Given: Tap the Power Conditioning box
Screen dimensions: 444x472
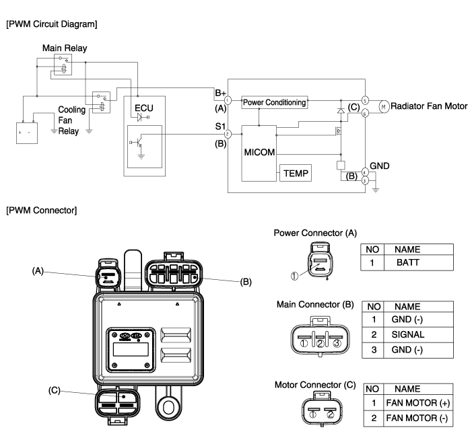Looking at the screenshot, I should (274, 103).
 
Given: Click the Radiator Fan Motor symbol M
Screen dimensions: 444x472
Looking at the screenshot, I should (383, 106).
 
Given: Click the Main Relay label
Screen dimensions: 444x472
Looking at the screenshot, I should (65, 48).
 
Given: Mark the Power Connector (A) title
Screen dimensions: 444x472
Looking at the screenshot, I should (314, 233).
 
